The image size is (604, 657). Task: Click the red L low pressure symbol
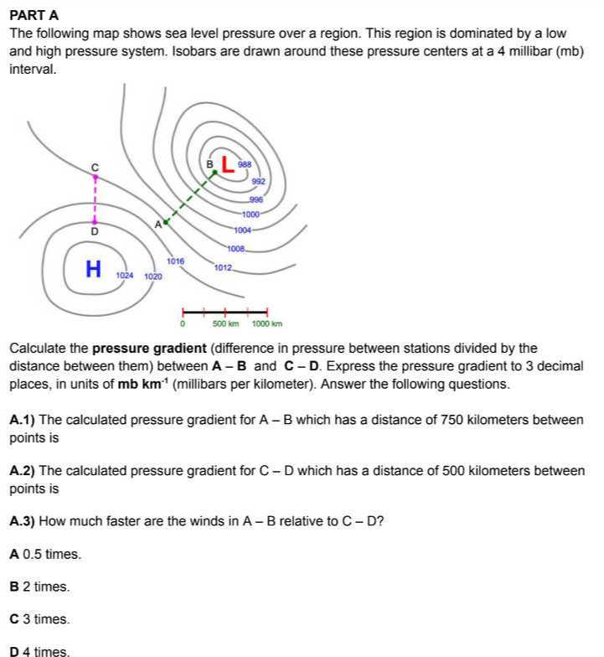227,166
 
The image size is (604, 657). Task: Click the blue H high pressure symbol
94,269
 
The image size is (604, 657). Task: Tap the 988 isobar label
245,165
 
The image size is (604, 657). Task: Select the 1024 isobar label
125,275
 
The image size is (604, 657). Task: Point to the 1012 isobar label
223,267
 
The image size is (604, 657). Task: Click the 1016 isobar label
175,261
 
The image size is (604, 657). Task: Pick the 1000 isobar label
250,215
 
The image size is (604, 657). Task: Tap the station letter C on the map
95,167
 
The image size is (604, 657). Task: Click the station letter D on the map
94,230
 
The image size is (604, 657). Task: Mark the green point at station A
166,222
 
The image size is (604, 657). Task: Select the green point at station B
214,173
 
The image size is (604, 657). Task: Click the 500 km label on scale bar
225,323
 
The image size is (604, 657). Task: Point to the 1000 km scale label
267,323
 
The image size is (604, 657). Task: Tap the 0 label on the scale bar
183,323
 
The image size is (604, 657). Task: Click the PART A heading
34,15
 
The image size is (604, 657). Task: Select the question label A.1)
23,419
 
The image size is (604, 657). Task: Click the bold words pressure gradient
148,348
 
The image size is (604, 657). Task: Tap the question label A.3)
23,520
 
